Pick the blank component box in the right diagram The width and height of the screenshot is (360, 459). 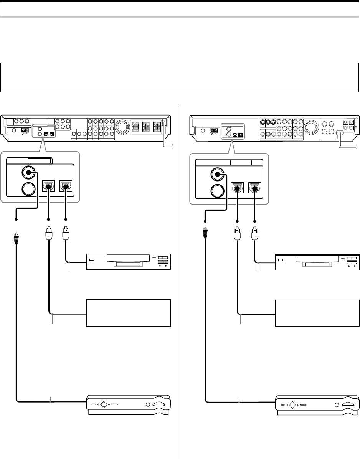317,313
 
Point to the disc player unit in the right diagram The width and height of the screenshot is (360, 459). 317,262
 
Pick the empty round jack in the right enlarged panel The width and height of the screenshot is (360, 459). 217,190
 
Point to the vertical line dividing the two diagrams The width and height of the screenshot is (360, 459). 180,269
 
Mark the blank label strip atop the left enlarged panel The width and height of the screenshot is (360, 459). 35,161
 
